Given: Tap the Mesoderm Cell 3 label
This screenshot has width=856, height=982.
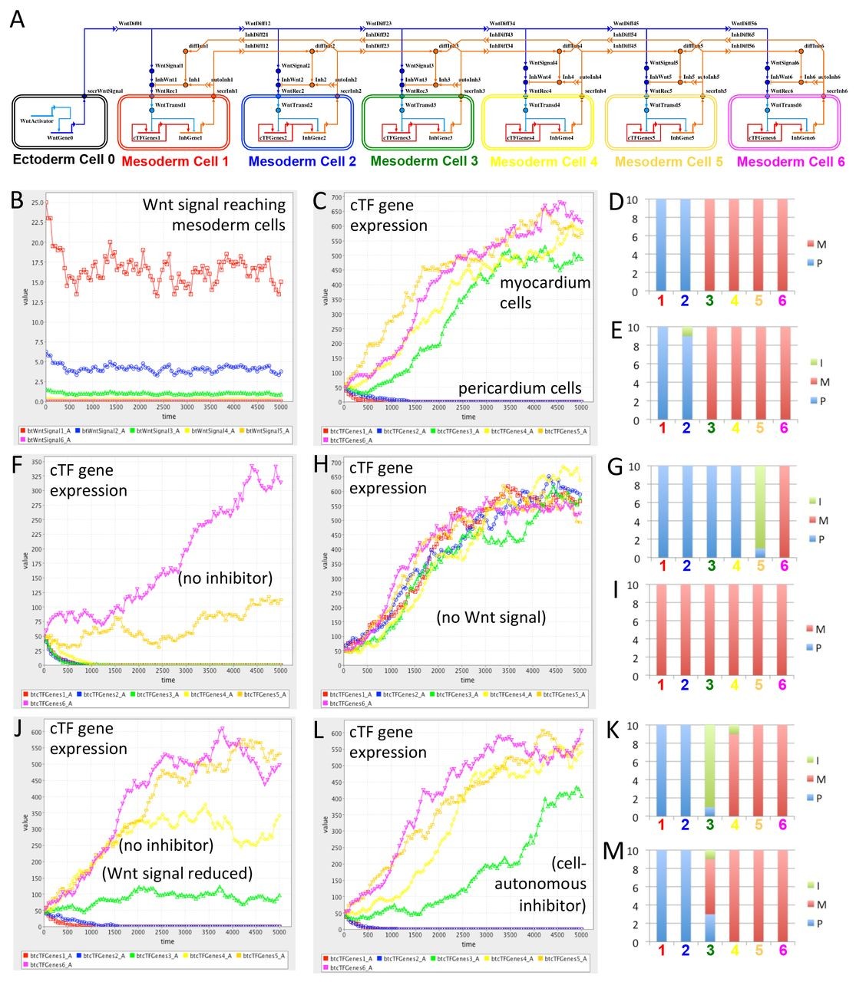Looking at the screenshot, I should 424,161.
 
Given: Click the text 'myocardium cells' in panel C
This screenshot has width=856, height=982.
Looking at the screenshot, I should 545,292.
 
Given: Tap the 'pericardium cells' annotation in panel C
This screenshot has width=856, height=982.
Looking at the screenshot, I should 520,388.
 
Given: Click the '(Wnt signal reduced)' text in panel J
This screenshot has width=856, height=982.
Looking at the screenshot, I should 177,873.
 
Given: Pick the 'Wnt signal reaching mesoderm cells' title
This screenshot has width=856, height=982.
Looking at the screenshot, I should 214,215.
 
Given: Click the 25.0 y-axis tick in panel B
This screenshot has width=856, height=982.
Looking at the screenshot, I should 36,203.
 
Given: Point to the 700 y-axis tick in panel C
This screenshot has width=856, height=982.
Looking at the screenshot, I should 335,198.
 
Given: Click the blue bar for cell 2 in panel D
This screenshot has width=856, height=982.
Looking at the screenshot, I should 685,245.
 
